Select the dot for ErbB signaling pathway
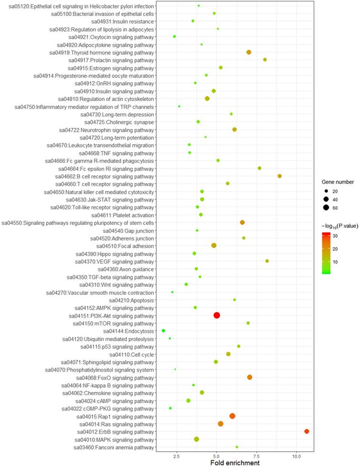[x=307, y=431]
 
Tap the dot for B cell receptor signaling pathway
[x=279, y=176]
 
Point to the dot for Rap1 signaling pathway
[x=232, y=416]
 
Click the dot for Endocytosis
[x=164, y=331]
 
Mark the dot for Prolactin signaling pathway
[x=265, y=60]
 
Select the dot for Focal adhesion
[x=214, y=245]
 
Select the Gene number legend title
[x=337, y=182]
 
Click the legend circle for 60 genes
[x=326, y=207]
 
